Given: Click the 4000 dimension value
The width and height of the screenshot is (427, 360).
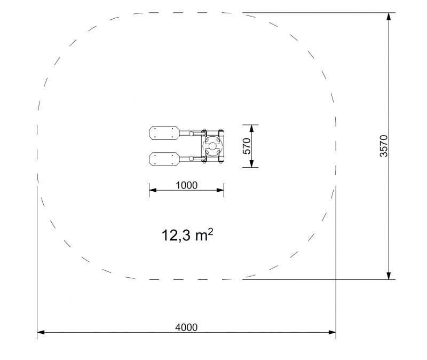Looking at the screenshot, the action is [x=186, y=327].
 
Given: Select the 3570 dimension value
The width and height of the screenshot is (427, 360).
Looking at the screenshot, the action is [x=383, y=146].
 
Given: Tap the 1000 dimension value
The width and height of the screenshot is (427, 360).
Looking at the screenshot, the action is [x=186, y=185].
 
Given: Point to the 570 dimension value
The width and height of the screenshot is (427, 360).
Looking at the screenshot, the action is [x=247, y=146].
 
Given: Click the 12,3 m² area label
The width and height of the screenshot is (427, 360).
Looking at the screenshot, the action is [x=187, y=235].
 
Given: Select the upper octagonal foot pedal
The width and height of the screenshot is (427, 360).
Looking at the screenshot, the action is [x=164, y=133].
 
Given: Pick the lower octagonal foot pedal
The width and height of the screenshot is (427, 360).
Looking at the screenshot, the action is [x=164, y=159].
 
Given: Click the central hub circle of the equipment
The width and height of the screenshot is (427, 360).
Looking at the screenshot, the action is [x=212, y=146].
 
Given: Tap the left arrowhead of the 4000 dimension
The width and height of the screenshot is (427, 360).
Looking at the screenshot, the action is [x=41, y=332].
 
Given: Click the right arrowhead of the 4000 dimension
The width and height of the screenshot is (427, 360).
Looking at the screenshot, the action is [x=332, y=332].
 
